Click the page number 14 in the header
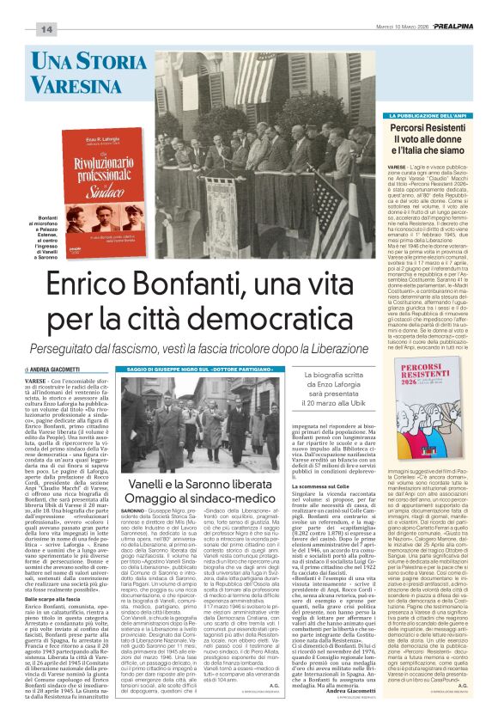[46, 29]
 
